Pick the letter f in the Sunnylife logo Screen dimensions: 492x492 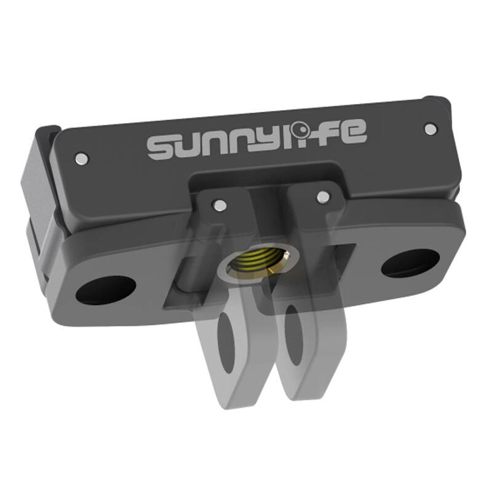point(327,131)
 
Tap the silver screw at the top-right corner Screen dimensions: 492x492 point(430,128)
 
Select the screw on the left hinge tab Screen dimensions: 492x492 point(218,202)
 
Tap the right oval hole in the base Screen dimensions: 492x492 point(410,263)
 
